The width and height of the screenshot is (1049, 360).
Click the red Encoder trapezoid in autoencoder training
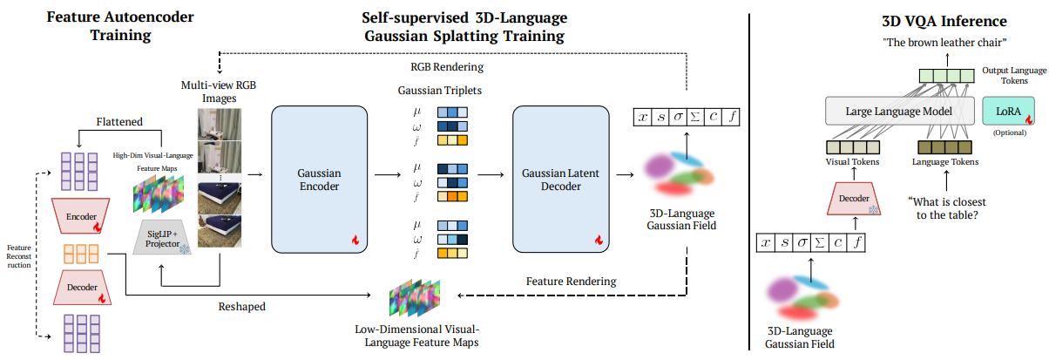tap(80, 215)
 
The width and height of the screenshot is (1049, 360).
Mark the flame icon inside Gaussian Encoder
tap(355, 239)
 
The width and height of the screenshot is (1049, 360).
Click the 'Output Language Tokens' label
tap(1004, 75)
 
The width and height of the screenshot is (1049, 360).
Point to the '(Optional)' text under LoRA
tap(1006, 132)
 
